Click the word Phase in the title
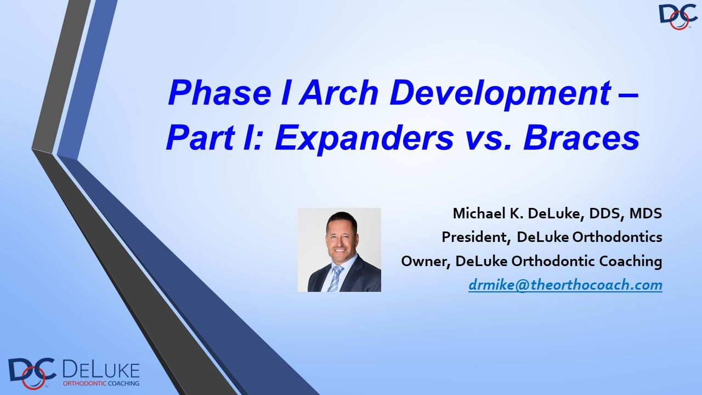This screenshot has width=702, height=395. click(220, 93)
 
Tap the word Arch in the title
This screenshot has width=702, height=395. click(339, 93)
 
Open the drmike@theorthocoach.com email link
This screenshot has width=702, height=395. click(565, 285)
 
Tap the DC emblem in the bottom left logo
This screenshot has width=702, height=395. click(31, 373)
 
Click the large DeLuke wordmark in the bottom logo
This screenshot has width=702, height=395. click(101, 370)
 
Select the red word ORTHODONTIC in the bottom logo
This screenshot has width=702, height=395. click(84, 383)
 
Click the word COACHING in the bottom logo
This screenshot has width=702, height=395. click(123, 383)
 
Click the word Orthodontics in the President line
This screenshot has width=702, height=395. click(618, 238)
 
